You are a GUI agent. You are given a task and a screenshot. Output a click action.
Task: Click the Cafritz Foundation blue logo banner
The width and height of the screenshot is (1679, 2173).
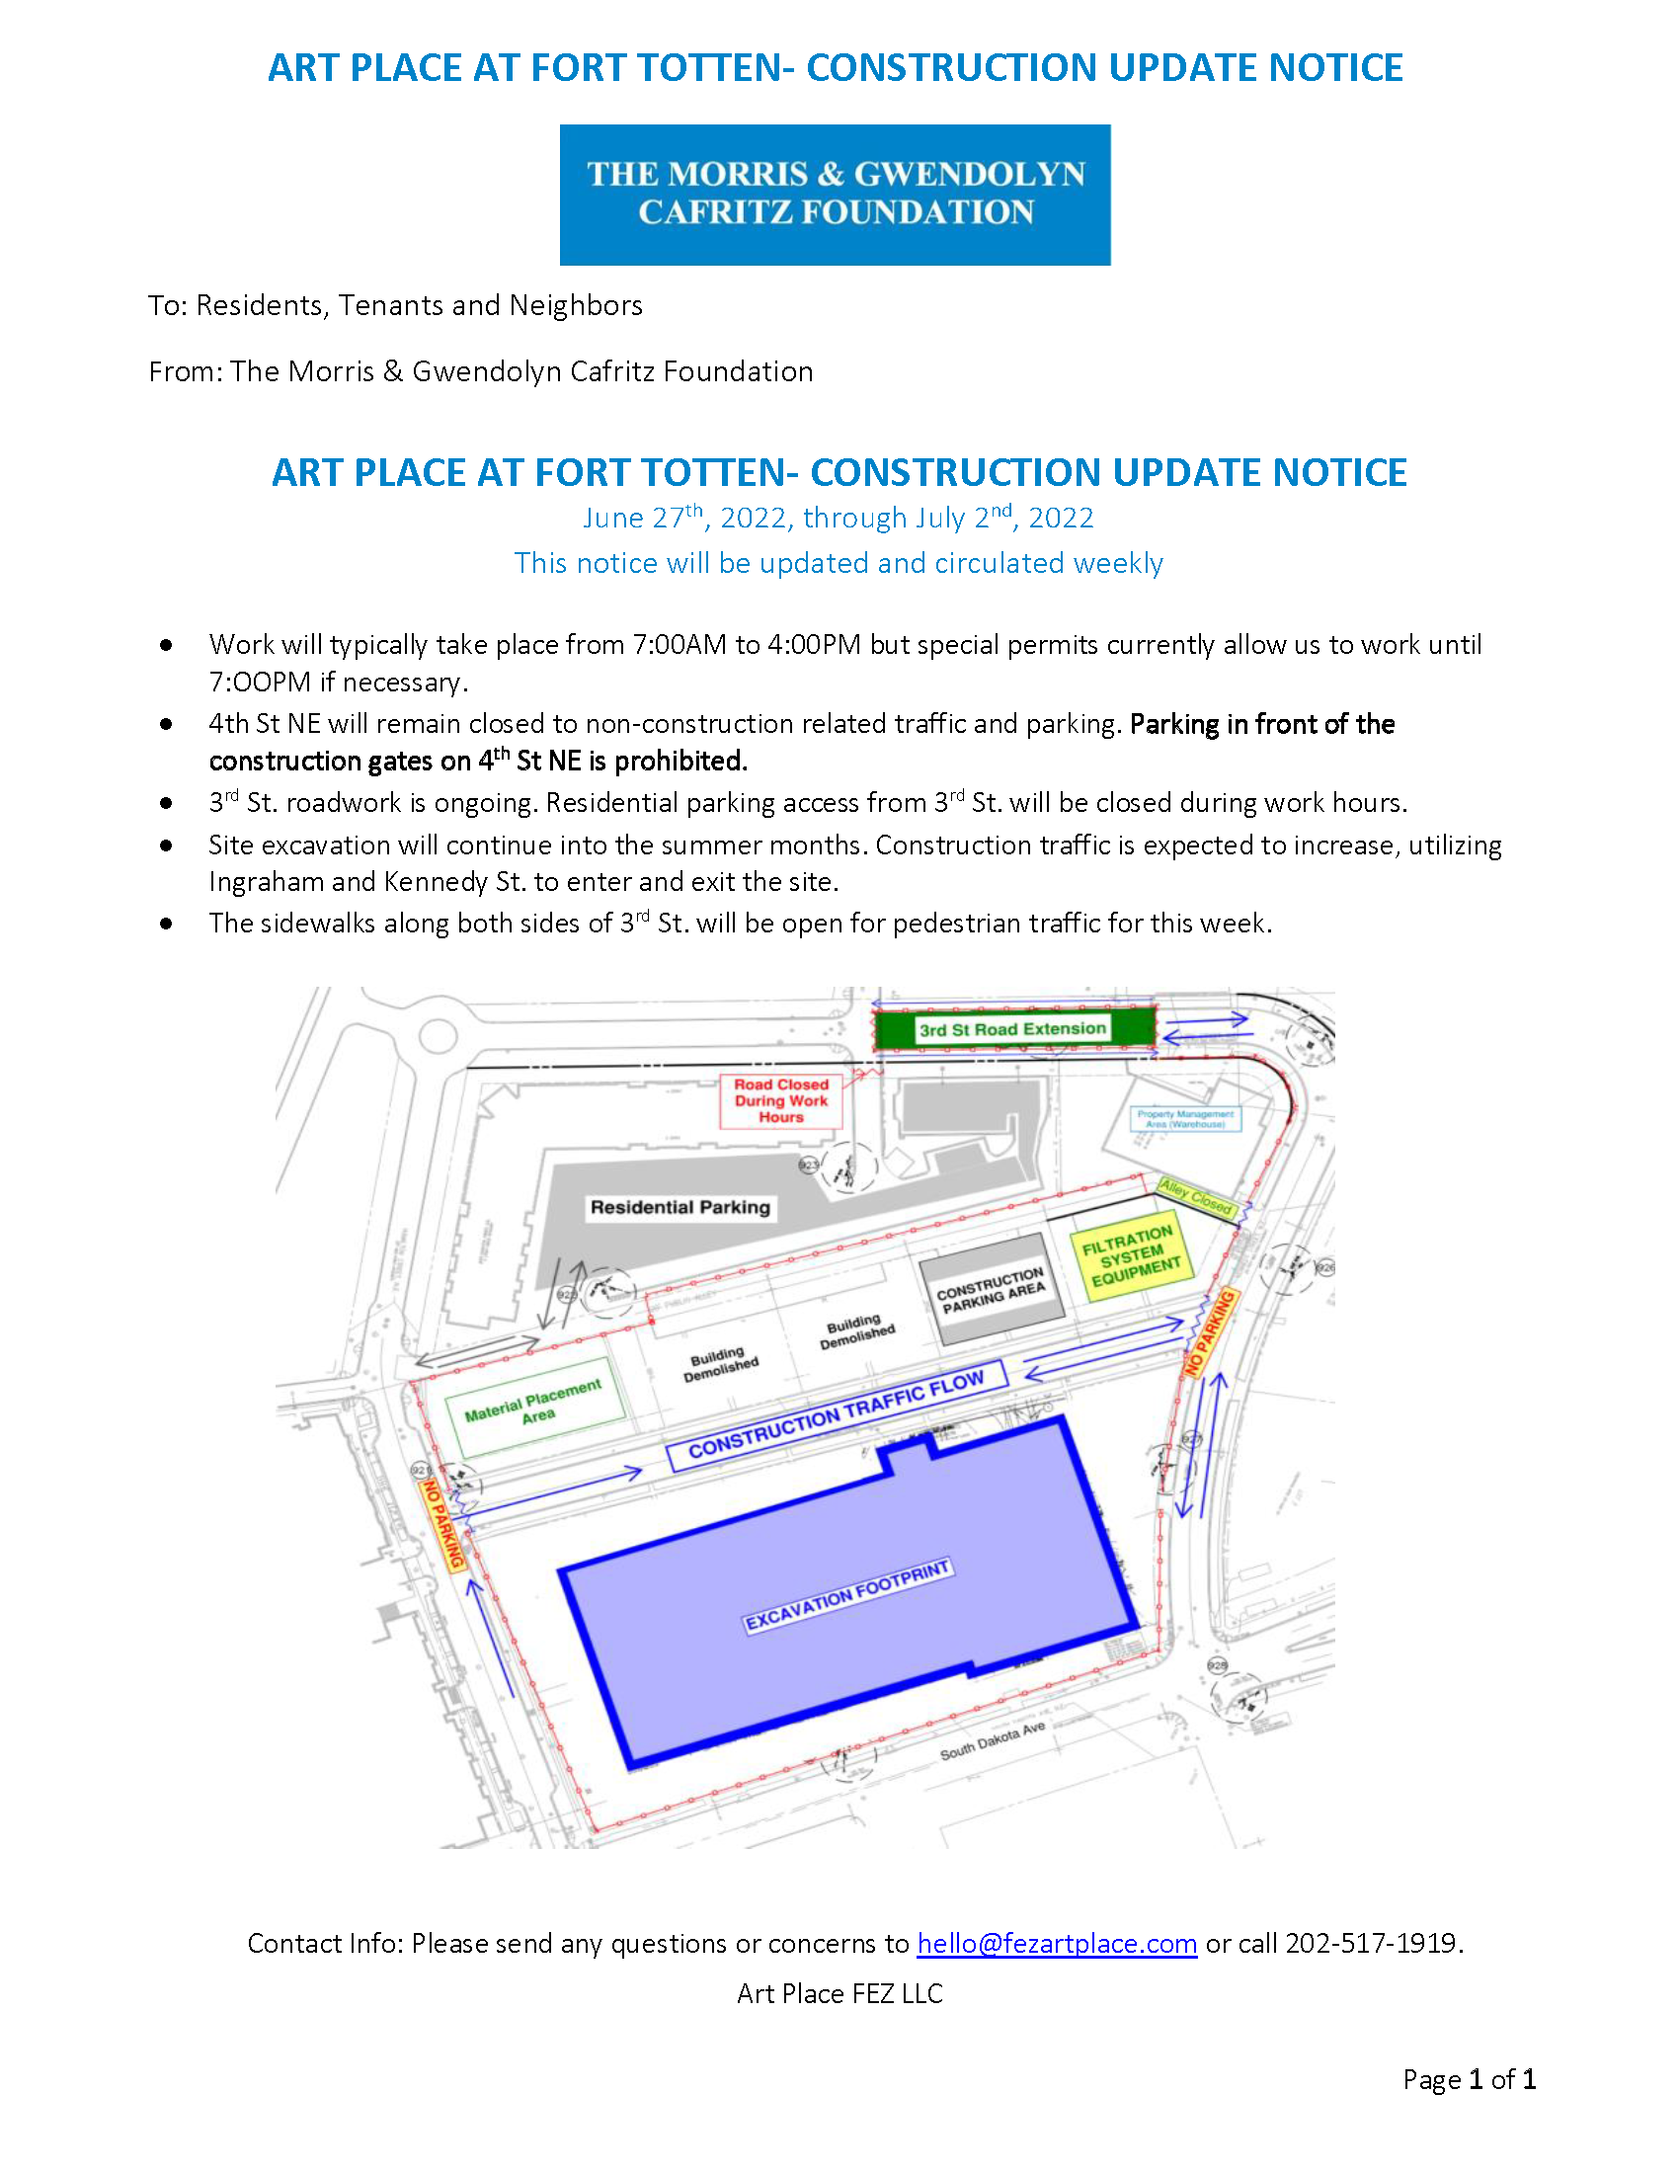click(835, 194)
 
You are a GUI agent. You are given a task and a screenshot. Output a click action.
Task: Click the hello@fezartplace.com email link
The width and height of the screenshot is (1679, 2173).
click(1057, 1943)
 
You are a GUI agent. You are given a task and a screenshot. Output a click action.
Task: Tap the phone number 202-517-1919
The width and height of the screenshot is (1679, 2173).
click(1372, 1943)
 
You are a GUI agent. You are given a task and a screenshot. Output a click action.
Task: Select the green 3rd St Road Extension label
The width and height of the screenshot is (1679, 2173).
click(1011, 1029)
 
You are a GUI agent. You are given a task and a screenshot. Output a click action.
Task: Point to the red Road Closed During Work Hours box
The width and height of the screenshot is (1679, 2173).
click(781, 1100)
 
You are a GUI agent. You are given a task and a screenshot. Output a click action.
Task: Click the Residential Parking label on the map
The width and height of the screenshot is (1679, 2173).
click(680, 1207)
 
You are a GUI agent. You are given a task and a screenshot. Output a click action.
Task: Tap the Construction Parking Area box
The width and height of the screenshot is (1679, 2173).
click(991, 1289)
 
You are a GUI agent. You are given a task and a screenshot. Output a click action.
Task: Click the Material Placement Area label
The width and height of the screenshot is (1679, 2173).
click(534, 1401)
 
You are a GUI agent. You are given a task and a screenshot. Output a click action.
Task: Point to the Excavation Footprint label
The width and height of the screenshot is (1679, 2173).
click(848, 1595)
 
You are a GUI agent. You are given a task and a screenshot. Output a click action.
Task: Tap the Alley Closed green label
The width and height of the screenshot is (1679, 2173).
click(1196, 1197)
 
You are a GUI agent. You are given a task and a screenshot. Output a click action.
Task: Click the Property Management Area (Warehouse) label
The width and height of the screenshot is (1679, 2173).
click(1184, 1118)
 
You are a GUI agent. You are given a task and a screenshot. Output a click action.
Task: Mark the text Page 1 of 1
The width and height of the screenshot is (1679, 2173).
click(1470, 2078)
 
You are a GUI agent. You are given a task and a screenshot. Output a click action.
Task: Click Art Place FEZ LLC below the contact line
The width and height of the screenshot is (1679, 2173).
click(839, 1993)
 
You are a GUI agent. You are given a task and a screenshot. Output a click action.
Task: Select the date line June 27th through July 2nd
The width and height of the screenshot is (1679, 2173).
click(838, 518)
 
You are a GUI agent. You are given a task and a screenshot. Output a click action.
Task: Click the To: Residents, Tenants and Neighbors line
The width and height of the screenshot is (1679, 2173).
click(395, 305)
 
